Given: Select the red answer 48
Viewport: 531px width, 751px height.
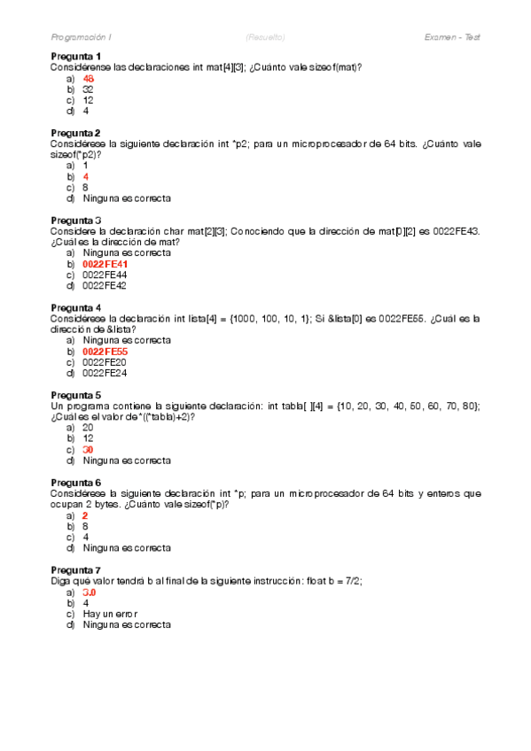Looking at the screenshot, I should [x=88, y=79].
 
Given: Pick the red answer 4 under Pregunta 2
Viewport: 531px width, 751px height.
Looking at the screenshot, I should [x=85, y=176].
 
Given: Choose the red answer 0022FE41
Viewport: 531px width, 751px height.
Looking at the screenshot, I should [x=105, y=264].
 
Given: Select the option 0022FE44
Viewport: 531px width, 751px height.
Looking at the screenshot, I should [x=105, y=275].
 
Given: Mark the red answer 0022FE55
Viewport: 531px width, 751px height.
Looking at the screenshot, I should [x=105, y=351].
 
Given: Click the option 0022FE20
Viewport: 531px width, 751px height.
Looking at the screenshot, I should [x=105, y=361].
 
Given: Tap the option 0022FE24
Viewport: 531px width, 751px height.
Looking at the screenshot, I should [x=105, y=373].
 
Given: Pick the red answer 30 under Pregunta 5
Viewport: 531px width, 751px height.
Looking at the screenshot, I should [x=88, y=449].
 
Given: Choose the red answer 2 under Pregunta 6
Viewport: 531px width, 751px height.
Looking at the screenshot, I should [x=85, y=515].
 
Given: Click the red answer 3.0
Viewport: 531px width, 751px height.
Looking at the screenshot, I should [x=89, y=592].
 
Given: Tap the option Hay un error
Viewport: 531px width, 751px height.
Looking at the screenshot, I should [x=110, y=613].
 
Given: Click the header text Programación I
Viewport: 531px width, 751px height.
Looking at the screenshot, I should [x=82, y=37].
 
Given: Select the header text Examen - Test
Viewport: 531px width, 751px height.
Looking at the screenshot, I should [x=452, y=37].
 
